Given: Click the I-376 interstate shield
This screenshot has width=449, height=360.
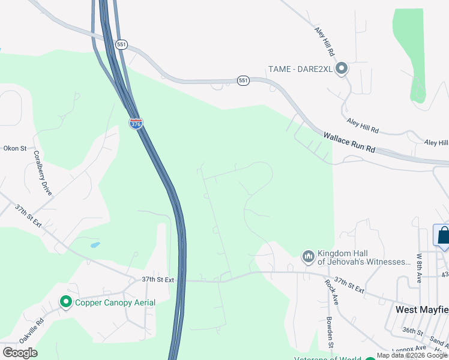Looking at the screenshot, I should pos(136,123).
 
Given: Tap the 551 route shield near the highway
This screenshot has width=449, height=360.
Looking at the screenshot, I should pos(122,44).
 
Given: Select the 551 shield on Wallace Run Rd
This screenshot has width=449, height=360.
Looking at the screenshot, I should pos(243,80).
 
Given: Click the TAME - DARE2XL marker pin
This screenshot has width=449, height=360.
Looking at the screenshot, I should pos(342,69).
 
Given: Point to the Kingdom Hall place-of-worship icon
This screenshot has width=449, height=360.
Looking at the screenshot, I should pos(309,257).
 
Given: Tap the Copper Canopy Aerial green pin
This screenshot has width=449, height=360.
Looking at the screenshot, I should pos(66,302).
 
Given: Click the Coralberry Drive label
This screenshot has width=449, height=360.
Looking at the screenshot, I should pos(43,173).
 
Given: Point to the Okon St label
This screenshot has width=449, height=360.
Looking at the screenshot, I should pos(15,148).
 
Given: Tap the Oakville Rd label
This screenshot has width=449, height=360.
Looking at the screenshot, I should pos(32,331).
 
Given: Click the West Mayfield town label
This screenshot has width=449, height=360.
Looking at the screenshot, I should pos(421,310).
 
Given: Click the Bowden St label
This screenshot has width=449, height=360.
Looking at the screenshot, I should pos(330,332).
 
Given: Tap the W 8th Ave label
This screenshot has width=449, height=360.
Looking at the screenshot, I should pos(419,268).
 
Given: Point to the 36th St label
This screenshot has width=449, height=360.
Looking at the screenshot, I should pos(414,331).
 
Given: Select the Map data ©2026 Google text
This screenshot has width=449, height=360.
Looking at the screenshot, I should pos(412,356).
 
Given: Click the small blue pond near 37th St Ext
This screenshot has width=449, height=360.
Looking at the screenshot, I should pos(94,245).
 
